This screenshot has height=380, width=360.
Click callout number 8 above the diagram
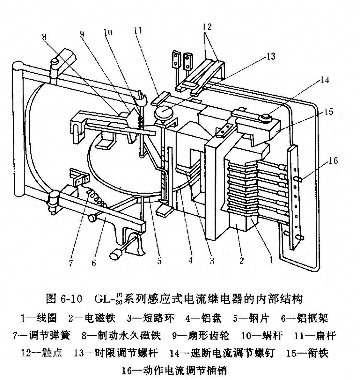pyautogui.click(x=44, y=37)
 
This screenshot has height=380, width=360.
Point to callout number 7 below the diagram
pyautogui.click(x=71, y=263)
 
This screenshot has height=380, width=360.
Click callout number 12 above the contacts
pyautogui.click(x=207, y=26)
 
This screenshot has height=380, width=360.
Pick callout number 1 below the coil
pyautogui.click(x=271, y=261)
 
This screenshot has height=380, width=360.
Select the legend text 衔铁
pyautogui.click(x=318, y=353)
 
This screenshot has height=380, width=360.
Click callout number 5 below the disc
pyautogui.click(x=159, y=261)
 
